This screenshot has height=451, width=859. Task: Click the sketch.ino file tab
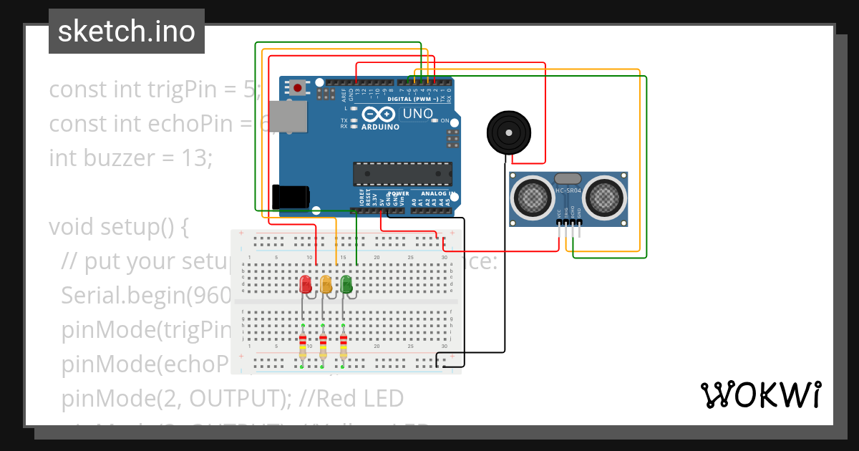pos(126,31)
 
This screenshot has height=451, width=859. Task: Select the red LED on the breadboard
pos(306,284)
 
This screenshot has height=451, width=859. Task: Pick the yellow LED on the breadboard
pos(326,284)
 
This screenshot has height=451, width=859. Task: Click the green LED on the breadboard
pos(346,284)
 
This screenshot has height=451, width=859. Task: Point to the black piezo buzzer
pos(508,132)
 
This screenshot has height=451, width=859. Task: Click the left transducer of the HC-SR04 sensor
pos(532,195)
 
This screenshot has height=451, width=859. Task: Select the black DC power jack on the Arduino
pos(291,197)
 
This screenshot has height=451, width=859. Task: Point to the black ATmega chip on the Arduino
pos(402,174)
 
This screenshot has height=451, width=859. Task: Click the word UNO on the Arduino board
pos(418,114)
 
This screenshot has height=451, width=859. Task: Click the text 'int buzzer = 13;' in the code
pos(130,157)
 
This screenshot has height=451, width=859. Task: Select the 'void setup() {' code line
pos(118,227)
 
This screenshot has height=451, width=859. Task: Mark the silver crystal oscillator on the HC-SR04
pos(568,178)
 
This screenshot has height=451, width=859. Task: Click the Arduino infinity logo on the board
pos(379,115)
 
